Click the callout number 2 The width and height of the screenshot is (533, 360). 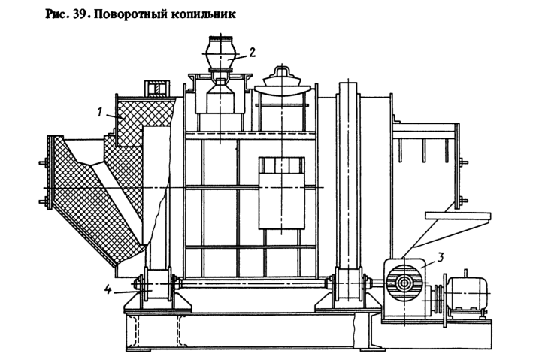253,52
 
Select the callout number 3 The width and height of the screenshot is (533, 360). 442,257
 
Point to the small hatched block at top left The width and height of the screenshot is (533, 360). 156,89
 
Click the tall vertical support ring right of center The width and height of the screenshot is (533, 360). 347,173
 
